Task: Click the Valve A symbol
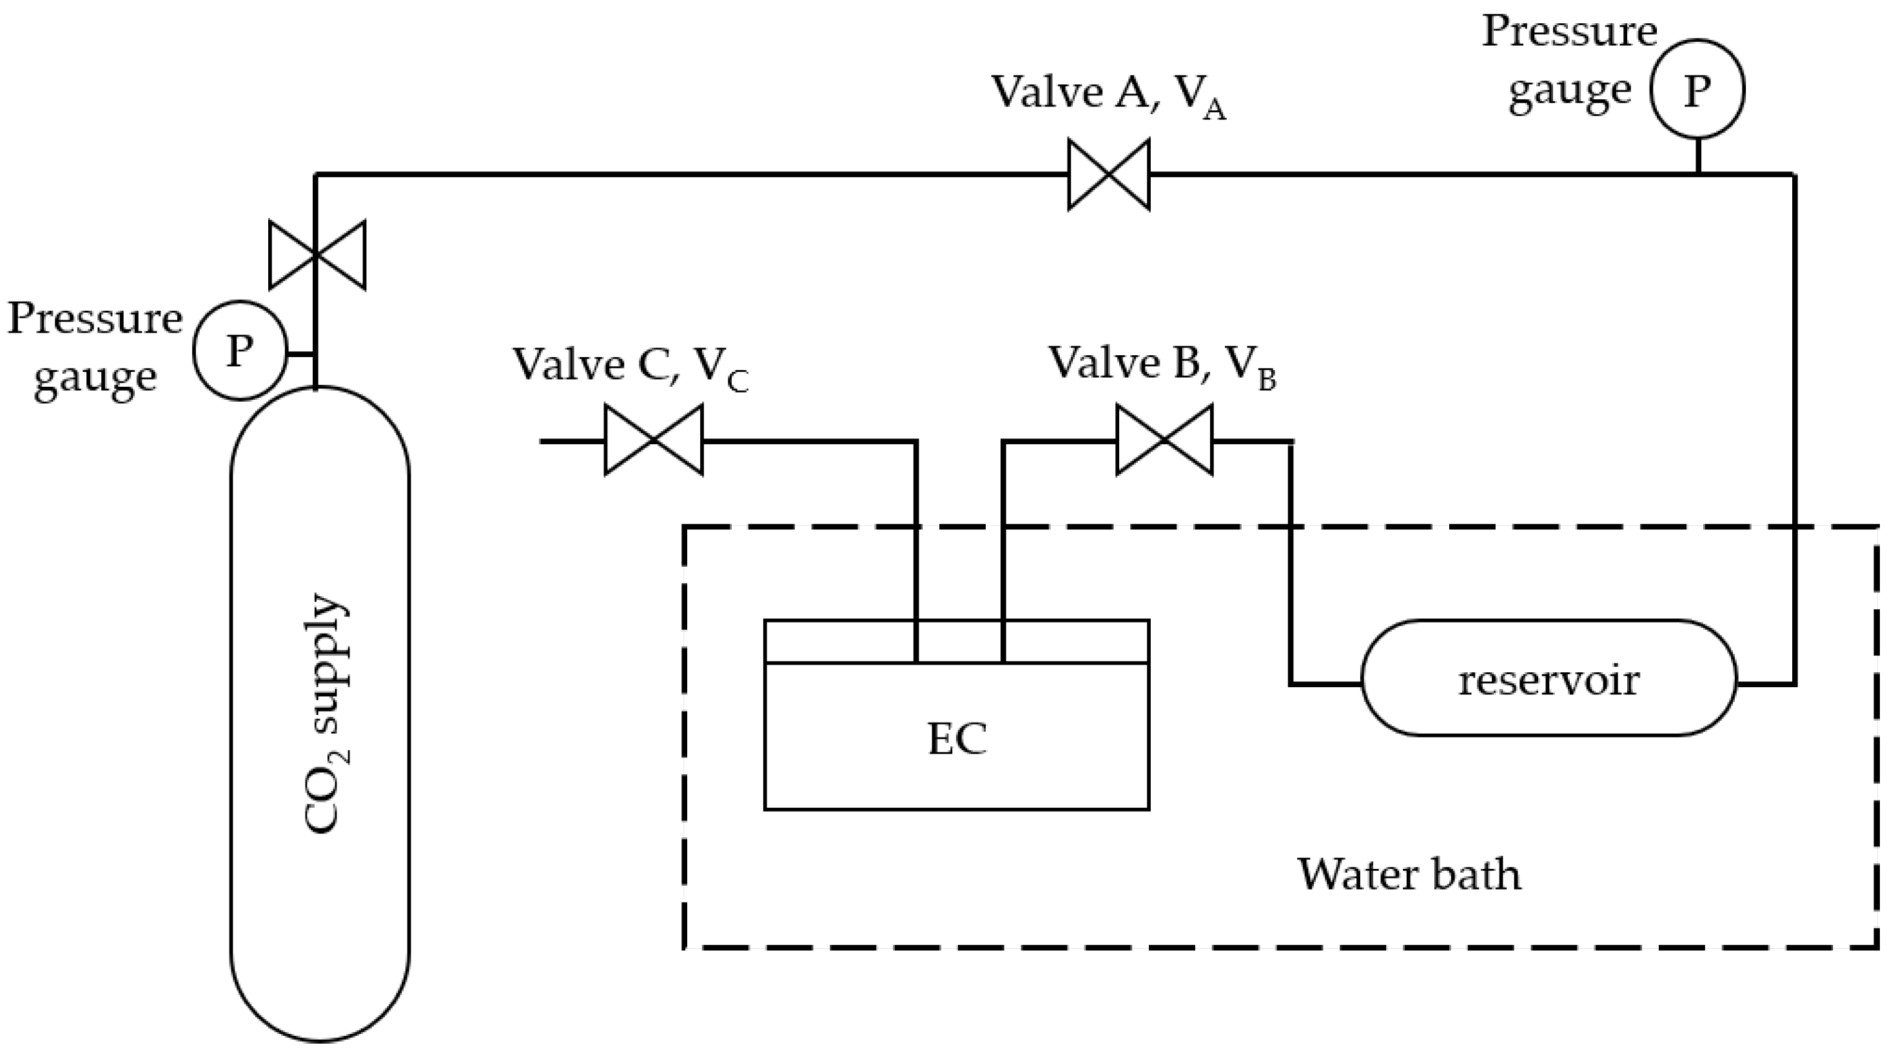[x=1108, y=175]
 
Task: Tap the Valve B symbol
[x=1164, y=440]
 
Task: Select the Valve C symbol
[x=654, y=440]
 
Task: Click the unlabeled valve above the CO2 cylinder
[x=317, y=254]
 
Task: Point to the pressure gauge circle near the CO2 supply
[x=239, y=351]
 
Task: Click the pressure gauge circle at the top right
[x=1697, y=90]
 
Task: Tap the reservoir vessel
[x=1549, y=679]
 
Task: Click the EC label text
[x=957, y=739]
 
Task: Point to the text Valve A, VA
[x=1108, y=95]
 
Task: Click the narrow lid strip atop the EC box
[x=957, y=642]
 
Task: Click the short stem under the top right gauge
[x=1698, y=156]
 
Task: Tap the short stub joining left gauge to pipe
[x=300, y=354]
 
